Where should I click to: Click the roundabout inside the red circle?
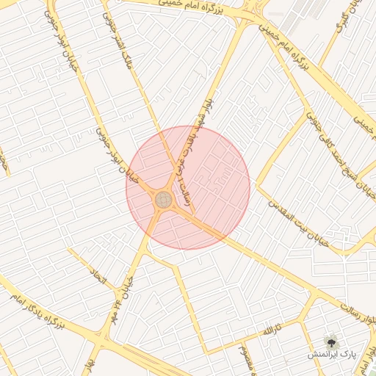coord(163,199)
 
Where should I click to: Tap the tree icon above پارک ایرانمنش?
coord(331,341)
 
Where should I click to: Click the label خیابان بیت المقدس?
coord(299,214)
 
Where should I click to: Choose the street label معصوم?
coord(244,358)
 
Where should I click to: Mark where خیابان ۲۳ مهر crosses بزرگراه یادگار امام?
coord(103,337)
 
